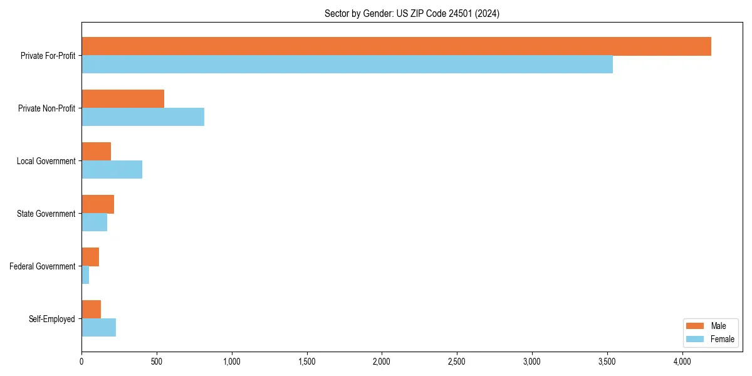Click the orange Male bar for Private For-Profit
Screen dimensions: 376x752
(396, 46)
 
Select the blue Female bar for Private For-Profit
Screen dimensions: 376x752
(347, 65)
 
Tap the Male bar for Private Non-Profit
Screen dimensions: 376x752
(123, 99)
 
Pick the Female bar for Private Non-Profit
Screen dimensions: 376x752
(143, 117)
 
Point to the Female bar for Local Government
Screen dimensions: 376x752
(112, 170)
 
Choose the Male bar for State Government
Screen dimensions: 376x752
(98, 204)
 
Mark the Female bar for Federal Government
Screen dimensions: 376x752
(85, 275)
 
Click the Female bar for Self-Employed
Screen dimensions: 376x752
(99, 328)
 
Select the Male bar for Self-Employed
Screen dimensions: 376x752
(91, 310)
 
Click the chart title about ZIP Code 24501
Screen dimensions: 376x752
(412, 13)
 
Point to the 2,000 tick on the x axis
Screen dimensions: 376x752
(382, 362)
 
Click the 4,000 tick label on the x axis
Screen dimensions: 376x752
(682, 362)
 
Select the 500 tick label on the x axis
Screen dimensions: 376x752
(157, 362)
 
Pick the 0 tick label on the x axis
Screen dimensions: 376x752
(81, 362)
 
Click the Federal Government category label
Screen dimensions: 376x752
(43, 266)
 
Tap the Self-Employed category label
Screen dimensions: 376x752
(52, 319)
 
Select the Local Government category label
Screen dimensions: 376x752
(46, 161)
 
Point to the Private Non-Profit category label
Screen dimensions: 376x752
(47, 108)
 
